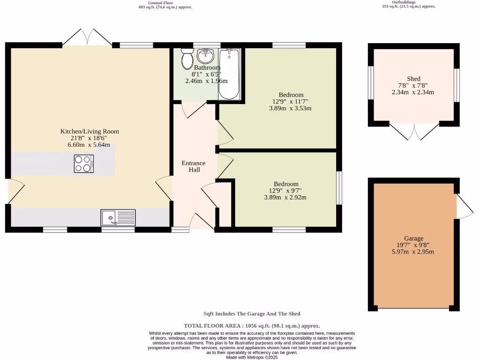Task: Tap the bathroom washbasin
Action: click(x=205, y=56)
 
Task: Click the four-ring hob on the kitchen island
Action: click(x=83, y=164)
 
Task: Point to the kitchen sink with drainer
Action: click(x=118, y=218)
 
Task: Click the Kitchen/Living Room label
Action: click(x=90, y=131)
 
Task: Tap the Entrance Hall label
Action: click(x=194, y=166)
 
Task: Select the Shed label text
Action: click(x=413, y=79)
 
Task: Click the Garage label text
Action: click(x=413, y=238)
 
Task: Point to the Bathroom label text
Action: click(x=207, y=67)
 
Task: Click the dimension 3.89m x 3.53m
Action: click(x=290, y=108)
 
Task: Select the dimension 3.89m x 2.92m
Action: click(x=285, y=197)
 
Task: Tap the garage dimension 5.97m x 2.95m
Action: click(x=413, y=252)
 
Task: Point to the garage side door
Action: click(x=464, y=206)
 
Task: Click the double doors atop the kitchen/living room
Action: click(x=87, y=37)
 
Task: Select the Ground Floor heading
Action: click(x=165, y=2)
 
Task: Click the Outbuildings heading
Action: click(x=408, y=2)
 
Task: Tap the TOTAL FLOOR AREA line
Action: click(x=252, y=325)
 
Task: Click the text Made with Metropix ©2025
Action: click(x=252, y=357)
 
